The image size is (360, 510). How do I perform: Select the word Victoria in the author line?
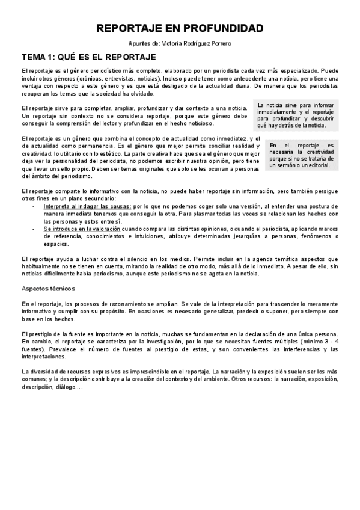pyautogui.click(x=175, y=44)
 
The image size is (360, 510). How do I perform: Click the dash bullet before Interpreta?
pyautogui.click(x=34, y=206)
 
